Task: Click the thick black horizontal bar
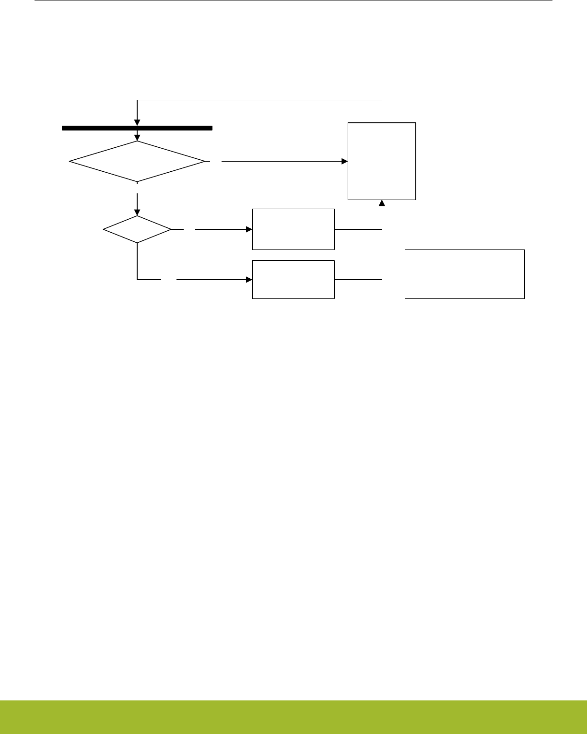pos(137,128)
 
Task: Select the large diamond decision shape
pos(137,162)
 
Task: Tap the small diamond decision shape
pos(137,229)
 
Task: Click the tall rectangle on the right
pos(382,161)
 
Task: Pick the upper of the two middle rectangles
pos(293,229)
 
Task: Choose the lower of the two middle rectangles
pos(293,279)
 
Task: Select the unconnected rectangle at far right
pos(465,274)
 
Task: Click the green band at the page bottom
pos(293,717)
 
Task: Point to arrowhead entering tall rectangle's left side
pos(345,162)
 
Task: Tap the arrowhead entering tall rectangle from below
pos(382,203)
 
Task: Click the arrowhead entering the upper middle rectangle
pos(249,229)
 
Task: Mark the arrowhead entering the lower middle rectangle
pos(249,279)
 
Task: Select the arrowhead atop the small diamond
pos(137,213)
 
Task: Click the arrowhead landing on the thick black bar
pos(137,123)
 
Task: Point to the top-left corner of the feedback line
pos(137,100)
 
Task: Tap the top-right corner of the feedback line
pos(382,100)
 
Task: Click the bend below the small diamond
pos(137,279)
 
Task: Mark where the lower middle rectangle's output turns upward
pos(382,279)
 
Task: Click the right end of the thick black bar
pos(211,128)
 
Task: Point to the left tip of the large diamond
pos(70,162)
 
